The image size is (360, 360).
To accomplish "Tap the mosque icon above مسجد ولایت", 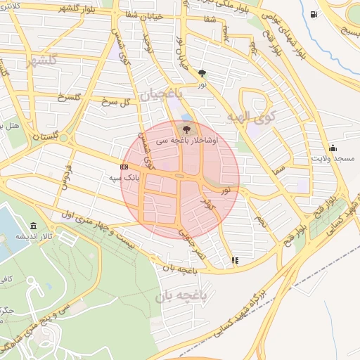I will [x=333, y=148].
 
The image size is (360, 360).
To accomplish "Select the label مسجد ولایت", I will [x=334, y=159].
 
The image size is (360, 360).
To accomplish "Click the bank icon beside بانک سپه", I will [x=124, y=167].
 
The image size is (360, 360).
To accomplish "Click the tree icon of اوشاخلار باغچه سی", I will [x=186, y=129].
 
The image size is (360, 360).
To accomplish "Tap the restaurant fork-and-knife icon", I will [x=234, y=260].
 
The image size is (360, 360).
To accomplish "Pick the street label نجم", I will [x=261, y=221].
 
